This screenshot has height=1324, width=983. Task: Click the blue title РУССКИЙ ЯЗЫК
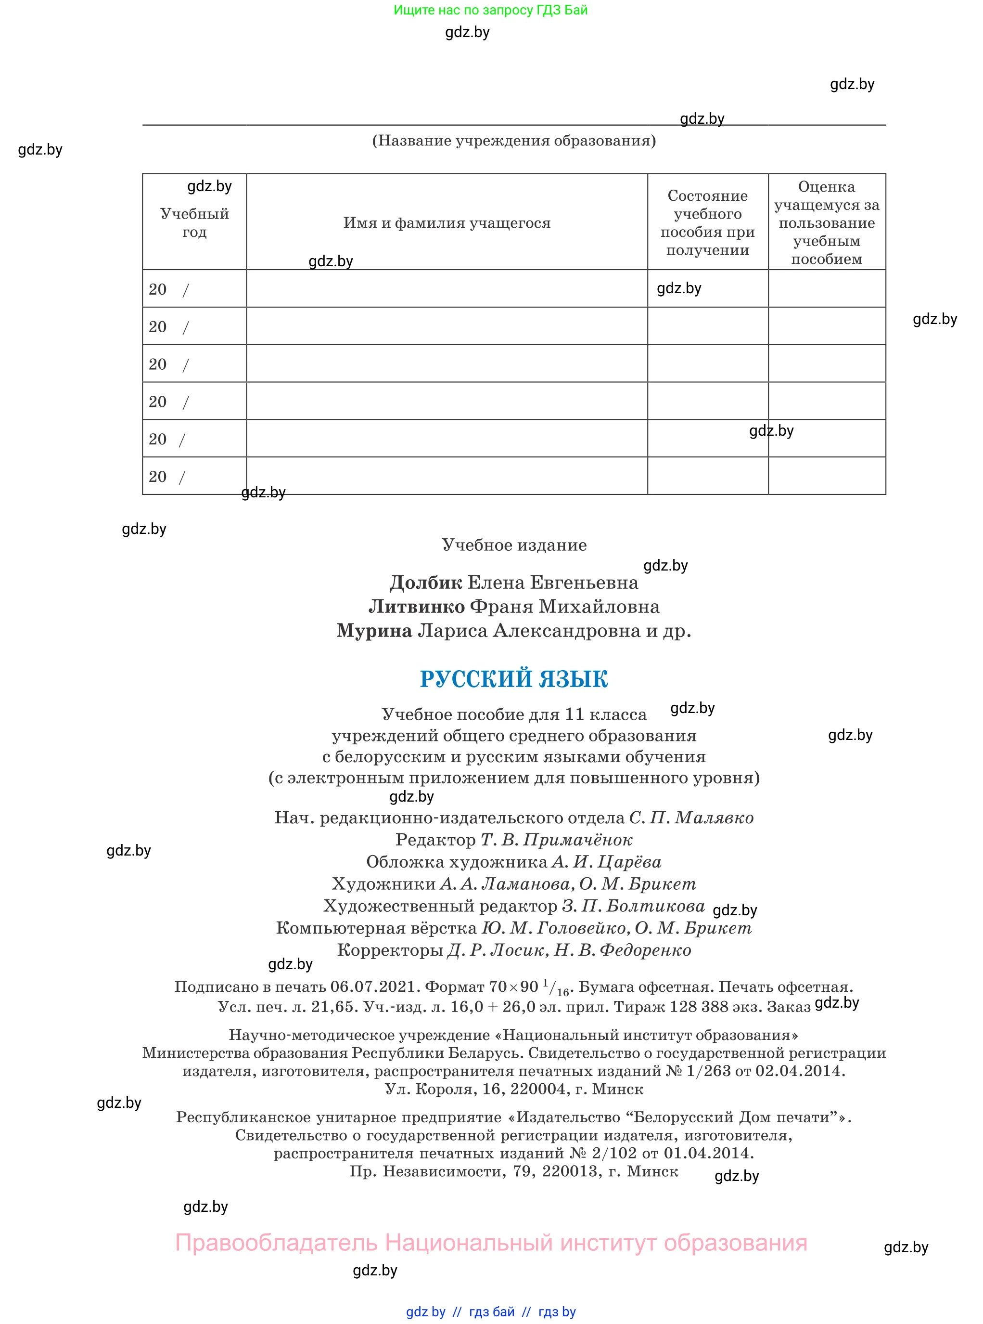click(x=513, y=679)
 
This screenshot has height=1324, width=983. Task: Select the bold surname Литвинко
click(x=417, y=607)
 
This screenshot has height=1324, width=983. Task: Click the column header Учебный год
click(x=194, y=222)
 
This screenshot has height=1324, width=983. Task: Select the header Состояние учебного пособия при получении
click(x=707, y=222)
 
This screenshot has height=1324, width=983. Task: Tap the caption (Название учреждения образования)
click(x=513, y=141)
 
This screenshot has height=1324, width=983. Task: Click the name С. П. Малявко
click(x=691, y=818)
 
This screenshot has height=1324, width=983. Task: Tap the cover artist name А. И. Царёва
click(x=606, y=861)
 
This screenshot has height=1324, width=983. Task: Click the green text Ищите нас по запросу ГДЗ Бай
click(x=490, y=10)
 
